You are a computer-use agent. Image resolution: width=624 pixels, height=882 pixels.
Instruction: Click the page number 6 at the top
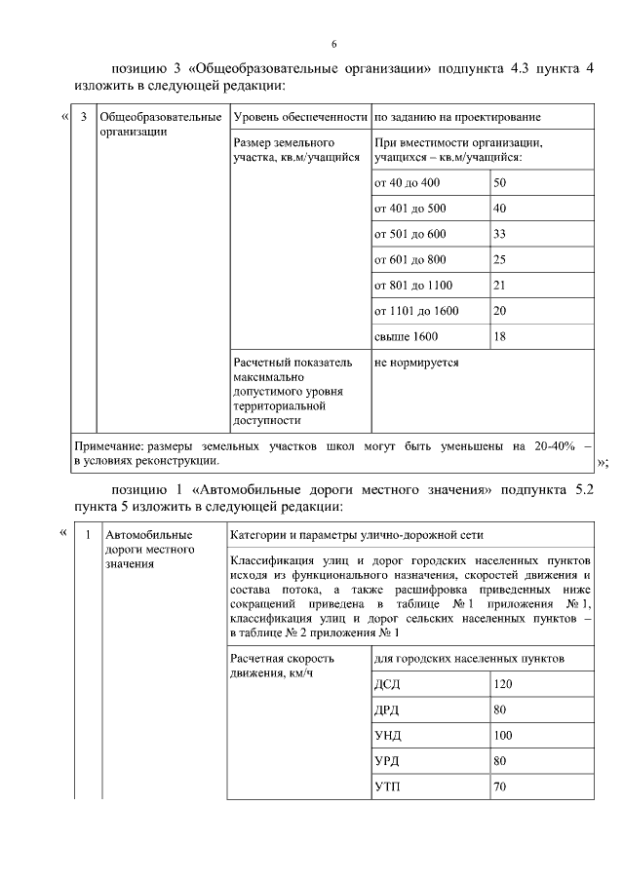coord(333,46)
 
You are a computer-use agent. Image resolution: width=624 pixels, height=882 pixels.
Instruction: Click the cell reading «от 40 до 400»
coord(408,182)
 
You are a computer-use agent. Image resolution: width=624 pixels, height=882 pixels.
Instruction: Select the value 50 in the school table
coord(500,182)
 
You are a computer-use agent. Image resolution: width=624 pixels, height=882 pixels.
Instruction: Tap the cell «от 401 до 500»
coord(409,208)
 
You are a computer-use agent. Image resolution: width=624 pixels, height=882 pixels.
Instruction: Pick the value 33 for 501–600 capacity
coord(500,234)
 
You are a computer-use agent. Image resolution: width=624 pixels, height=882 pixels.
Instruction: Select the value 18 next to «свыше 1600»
coord(500,336)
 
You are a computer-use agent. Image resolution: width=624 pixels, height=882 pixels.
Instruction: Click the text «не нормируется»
coord(416,363)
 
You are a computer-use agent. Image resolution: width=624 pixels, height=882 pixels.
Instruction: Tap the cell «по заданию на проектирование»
coord(457,118)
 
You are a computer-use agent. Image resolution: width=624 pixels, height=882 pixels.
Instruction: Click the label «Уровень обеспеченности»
coord(299,118)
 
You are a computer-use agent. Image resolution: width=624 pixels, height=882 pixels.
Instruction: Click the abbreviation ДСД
coord(387,684)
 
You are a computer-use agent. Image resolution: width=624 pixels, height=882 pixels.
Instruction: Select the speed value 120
coord(503,684)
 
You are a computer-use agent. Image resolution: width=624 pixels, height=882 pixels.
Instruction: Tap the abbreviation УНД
coord(388,735)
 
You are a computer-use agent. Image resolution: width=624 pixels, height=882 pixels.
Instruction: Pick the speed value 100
coord(503,735)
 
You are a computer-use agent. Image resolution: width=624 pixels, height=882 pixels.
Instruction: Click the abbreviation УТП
coord(387,786)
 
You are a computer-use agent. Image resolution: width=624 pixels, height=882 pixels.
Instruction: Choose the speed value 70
coord(500,786)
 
